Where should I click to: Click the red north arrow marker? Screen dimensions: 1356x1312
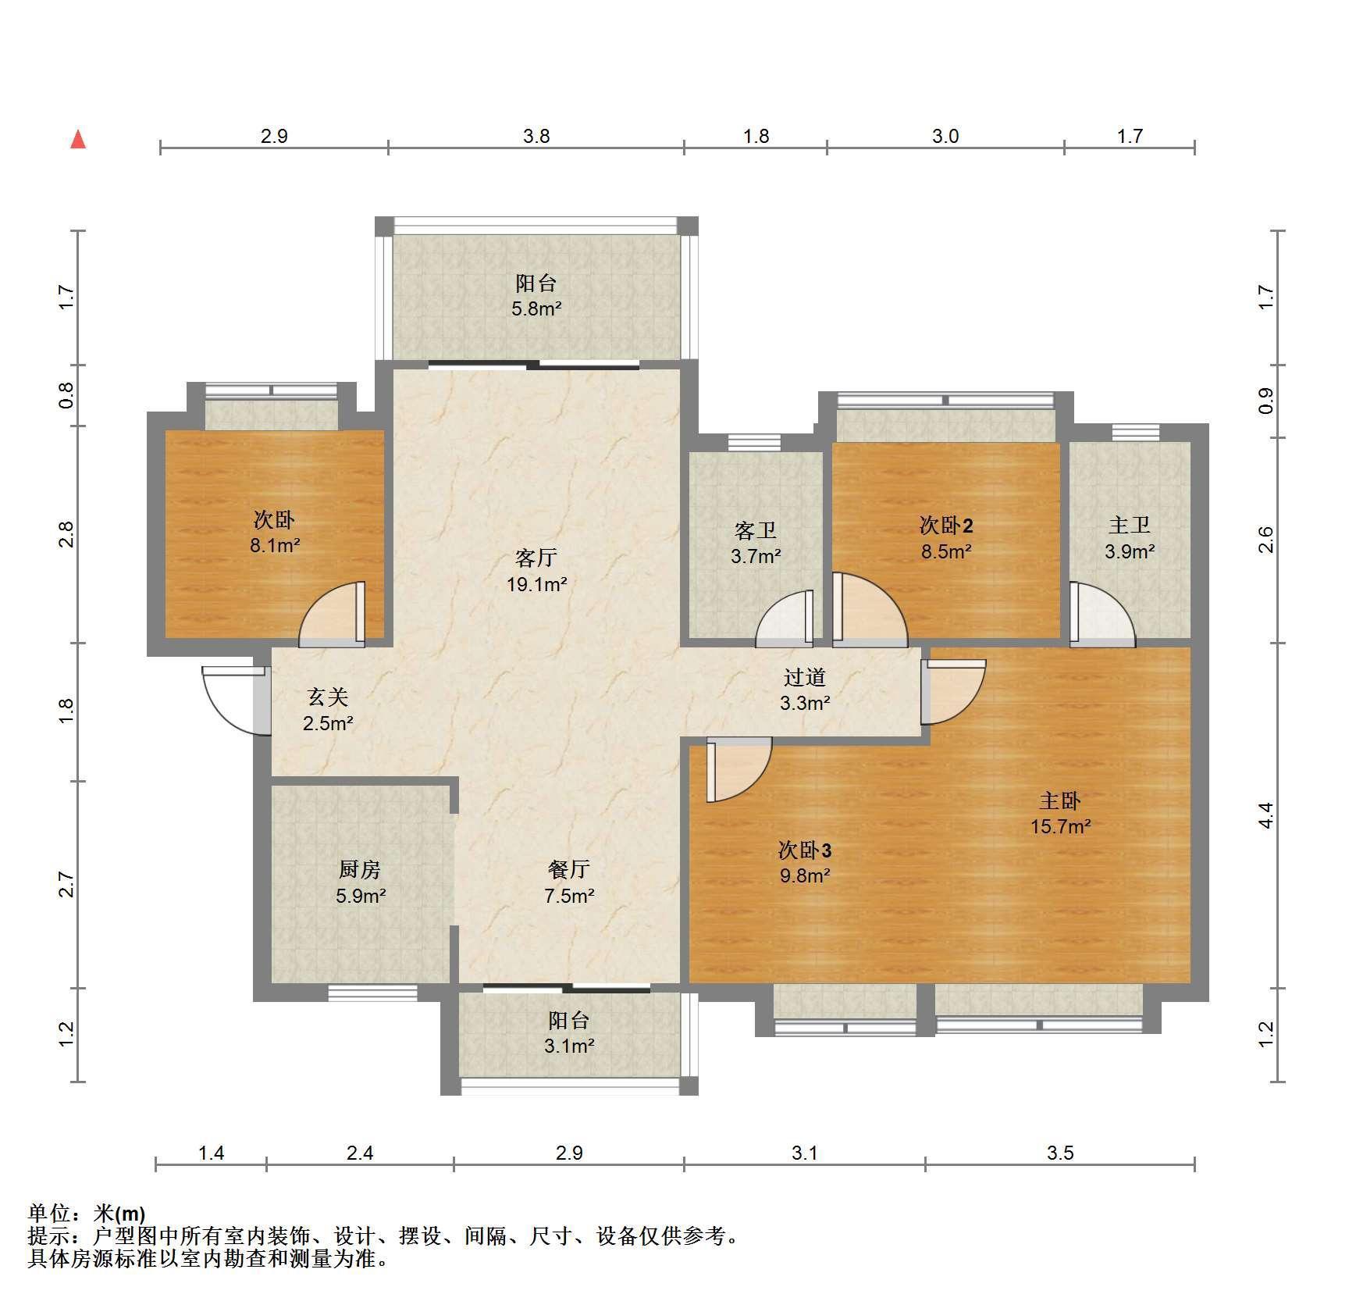[78, 139]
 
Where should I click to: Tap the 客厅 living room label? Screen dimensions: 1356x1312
[536, 558]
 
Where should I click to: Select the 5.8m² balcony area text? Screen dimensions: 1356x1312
[536, 308]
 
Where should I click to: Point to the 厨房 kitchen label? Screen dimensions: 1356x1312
[360, 869]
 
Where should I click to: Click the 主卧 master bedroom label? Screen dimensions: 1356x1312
[1060, 800]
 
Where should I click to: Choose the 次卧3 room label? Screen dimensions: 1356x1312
[805, 850]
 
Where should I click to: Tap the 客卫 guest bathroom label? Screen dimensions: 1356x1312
[756, 531]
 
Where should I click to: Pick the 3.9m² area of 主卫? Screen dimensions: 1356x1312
[1130, 551]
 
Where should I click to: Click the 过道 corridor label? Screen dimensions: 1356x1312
[805, 677]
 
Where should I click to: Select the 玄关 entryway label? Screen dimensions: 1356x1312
[328, 697]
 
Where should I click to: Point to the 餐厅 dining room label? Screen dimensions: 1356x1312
[569, 869]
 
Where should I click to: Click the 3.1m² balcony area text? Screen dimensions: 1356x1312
[569, 1046]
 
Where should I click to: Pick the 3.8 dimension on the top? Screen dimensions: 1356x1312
[536, 137]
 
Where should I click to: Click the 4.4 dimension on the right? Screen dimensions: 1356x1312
[1265, 815]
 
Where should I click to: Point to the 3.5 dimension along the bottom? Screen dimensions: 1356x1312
[1060, 1153]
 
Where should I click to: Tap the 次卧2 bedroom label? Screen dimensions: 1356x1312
[946, 526]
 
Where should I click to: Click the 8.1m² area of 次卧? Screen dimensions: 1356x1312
[275, 545]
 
